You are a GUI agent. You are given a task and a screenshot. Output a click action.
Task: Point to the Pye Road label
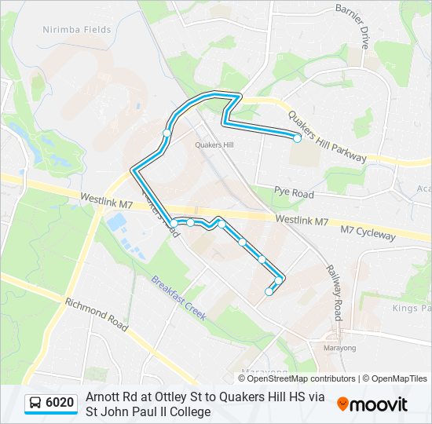[294, 192]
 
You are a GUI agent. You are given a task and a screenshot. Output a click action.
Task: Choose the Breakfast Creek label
[178, 298]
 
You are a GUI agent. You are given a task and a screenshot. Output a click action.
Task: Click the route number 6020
[60, 404]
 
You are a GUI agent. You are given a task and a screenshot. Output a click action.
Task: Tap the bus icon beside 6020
[36, 404]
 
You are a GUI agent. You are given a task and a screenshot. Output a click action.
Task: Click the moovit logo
[372, 404]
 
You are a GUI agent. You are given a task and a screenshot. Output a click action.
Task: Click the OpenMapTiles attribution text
[396, 378]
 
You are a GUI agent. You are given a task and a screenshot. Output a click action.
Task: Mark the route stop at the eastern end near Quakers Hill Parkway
[297, 138]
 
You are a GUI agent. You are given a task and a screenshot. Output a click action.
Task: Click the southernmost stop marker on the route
[269, 291]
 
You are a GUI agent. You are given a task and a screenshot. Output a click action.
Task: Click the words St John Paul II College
[148, 411]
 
